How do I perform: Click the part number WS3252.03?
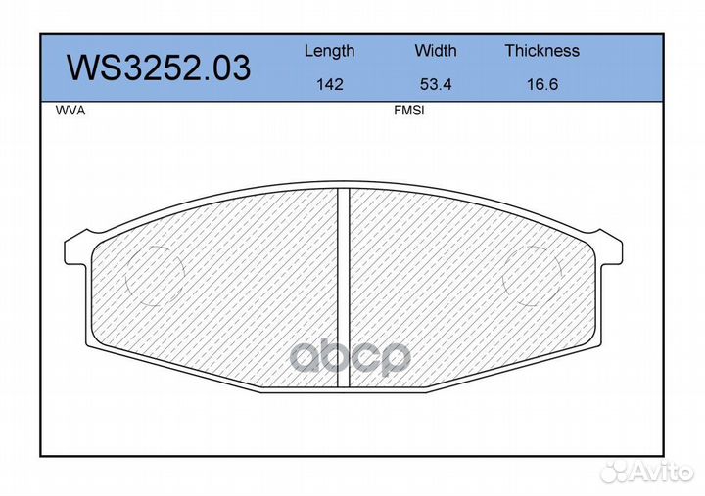159,68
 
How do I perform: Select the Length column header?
330,52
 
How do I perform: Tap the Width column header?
435,50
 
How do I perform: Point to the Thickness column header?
541,50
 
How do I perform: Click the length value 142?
330,84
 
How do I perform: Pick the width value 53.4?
435,84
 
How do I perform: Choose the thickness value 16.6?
542,84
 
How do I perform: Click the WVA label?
70,111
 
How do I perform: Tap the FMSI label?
408,111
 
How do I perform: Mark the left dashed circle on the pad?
125,276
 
